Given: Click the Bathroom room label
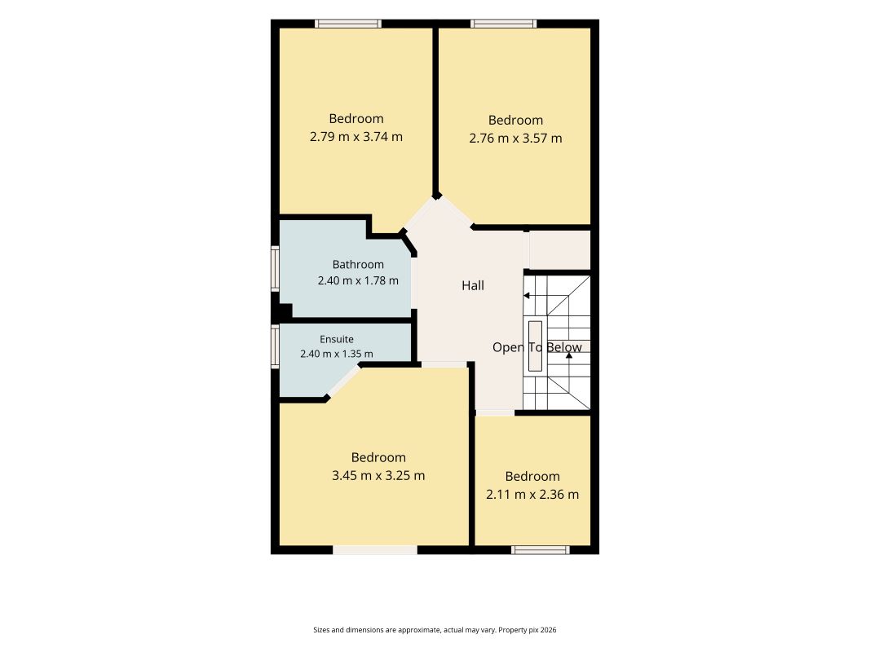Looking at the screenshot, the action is point(358,264).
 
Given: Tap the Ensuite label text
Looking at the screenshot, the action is point(336,339).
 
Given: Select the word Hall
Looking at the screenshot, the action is point(473,285).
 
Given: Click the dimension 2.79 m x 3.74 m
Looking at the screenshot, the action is point(356,136).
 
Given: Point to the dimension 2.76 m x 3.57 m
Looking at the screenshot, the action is point(515,138).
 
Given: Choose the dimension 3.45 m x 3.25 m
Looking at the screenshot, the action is point(378,475).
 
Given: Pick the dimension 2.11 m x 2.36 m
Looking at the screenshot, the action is point(532,494).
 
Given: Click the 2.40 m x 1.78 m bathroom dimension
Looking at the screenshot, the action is point(358,280).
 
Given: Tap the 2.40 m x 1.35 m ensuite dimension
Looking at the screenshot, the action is point(337,354).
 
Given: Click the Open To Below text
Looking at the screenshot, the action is point(537,348).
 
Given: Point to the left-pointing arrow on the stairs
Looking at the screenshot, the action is point(527,296).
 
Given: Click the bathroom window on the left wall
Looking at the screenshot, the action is point(276,269).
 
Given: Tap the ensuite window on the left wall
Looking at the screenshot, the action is point(276,346).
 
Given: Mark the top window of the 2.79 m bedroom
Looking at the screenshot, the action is point(348,24).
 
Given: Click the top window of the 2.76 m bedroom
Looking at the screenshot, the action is point(504,24).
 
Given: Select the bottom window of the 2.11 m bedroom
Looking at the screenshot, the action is point(541,550).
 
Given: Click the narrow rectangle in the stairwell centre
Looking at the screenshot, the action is point(535,346).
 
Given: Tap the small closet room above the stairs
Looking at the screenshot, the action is point(559,250).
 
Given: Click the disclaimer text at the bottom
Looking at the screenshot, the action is point(435,630).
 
